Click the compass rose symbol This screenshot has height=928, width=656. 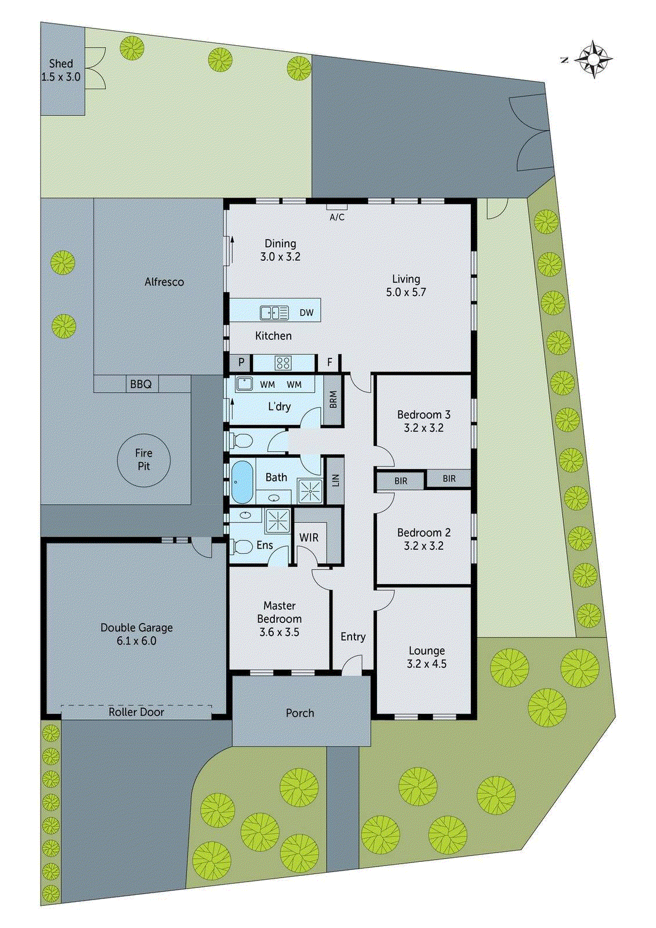click(x=594, y=59)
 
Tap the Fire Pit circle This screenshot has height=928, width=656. click(x=144, y=460)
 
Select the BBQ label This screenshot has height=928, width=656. click(x=141, y=384)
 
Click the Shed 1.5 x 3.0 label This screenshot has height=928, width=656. click(x=61, y=70)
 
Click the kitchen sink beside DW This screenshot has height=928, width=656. click(x=274, y=313)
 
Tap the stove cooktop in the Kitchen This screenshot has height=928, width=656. click(x=283, y=363)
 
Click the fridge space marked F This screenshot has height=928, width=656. click(x=329, y=363)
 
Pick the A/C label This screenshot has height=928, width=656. click(x=337, y=217)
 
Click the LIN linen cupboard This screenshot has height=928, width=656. click(x=335, y=480)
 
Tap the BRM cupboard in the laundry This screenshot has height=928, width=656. click(x=333, y=400)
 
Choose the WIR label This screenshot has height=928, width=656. click(x=309, y=538)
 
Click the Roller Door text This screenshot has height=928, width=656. click(x=136, y=712)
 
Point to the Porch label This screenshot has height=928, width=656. click(x=300, y=713)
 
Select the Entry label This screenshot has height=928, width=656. click(x=353, y=637)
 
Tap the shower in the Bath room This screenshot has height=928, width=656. click(x=310, y=490)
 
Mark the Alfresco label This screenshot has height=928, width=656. click(x=164, y=282)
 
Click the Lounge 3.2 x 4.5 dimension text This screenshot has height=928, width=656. click(x=426, y=664)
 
